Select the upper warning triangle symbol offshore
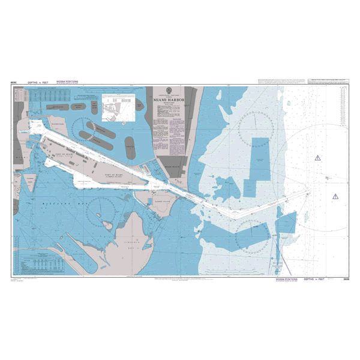pos(318,158)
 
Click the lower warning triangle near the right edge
pos(335,196)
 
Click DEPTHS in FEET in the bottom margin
pos(316,279)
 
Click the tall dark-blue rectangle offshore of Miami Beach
pos(260,159)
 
